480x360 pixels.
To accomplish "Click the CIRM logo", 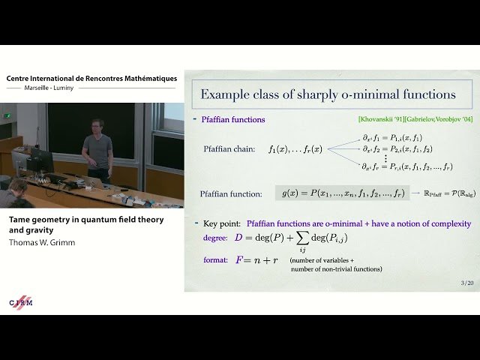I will coord(21,302).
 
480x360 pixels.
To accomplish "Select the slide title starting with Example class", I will coord(328,94).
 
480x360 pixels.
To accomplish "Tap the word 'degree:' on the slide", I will coord(218,238).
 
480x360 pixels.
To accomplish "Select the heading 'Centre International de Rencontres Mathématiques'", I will coord(91,78).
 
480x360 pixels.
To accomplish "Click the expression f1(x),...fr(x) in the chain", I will coord(295,150).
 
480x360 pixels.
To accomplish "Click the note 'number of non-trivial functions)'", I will coord(336,268).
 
